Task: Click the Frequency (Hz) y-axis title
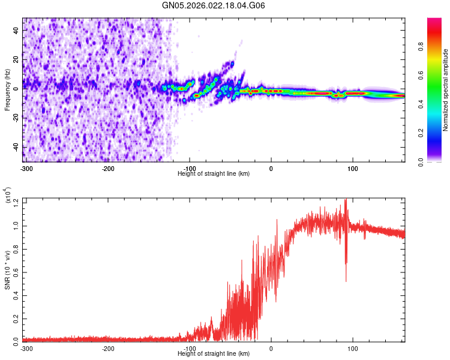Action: (x=7, y=90)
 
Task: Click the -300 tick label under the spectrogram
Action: (x=26, y=167)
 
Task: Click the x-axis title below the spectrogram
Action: (x=214, y=173)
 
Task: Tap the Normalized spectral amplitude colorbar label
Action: (x=446, y=90)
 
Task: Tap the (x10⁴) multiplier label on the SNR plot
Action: (x=8, y=196)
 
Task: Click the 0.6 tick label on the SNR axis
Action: (x=16, y=271)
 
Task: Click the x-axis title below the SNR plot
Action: (x=214, y=353)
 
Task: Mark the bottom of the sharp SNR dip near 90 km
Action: (x=346, y=281)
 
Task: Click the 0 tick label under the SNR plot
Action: (x=271, y=347)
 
